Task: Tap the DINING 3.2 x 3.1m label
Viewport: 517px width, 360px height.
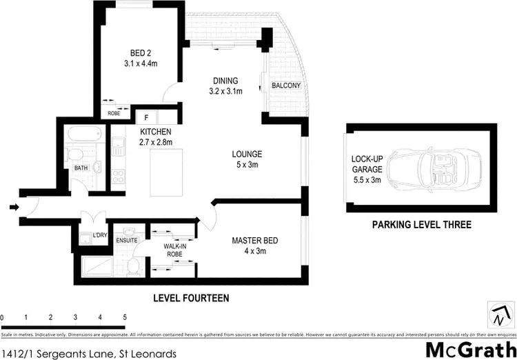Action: [225, 86]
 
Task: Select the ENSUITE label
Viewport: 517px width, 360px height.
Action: [127, 240]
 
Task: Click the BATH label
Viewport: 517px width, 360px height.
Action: [81, 168]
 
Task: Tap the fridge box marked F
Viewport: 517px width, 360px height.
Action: [146, 117]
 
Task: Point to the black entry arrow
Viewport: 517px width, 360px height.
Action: [16, 206]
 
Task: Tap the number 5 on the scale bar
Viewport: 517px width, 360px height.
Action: [125, 318]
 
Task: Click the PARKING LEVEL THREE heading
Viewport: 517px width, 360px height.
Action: [422, 225]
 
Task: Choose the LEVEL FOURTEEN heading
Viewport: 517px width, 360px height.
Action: [191, 298]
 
